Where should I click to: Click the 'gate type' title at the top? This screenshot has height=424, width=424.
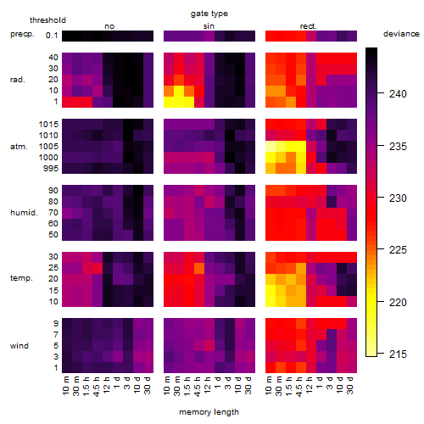pyautogui.click(x=209, y=14)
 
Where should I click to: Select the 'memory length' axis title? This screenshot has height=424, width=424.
pyautogui.click(x=209, y=412)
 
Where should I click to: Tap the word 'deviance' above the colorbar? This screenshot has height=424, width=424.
pyautogui.click(x=401, y=34)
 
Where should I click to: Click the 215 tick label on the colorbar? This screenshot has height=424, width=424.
pyautogui.click(x=398, y=354)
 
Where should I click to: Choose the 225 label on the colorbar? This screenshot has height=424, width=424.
pyautogui.click(x=398, y=250)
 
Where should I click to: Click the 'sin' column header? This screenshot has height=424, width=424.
pyautogui.click(x=209, y=26)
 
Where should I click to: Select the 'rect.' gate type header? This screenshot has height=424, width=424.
pyautogui.click(x=309, y=26)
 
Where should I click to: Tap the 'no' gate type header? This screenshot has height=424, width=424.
pyautogui.click(x=109, y=26)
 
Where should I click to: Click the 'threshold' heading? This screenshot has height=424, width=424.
pyautogui.click(x=47, y=20)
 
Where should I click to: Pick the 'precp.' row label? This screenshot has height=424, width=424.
pyautogui.click(x=22, y=34)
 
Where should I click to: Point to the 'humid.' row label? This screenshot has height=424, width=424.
pyautogui.click(x=24, y=213)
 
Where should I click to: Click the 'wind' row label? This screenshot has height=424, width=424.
pyautogui.click(x=20, y=346)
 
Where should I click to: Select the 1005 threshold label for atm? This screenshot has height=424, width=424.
pyautogui.click(x=48, y=147)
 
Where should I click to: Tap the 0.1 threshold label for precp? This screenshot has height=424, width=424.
pyautogui.click(x=52, y=36)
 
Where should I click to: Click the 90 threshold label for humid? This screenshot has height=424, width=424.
pyautogui.click(x=53, y=191)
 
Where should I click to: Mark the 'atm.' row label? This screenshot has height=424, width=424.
pyautogui.click(x=19, y=147)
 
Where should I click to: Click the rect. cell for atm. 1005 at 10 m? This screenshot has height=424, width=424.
pyautogui.click(x=271, y=146)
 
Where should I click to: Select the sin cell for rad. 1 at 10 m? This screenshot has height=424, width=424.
pyautogui.click(x=169, y=102)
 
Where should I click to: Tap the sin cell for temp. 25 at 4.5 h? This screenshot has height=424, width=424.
pyautogui.click(x=199, y=268)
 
